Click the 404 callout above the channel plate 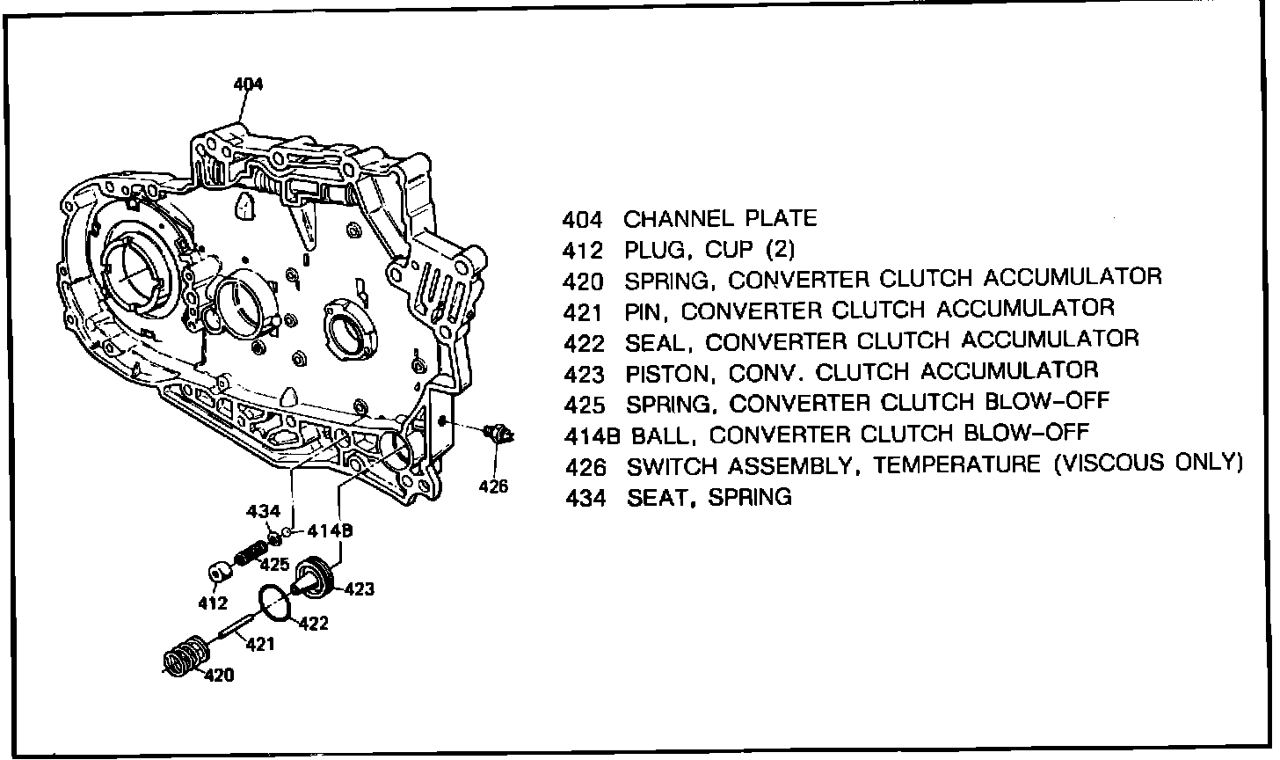[248, 84]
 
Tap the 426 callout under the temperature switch [494, 485]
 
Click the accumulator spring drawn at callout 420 [186, 657]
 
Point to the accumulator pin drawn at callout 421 [236, 628]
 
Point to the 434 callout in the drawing [263, 511]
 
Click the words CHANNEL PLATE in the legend [720, 218]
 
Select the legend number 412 [584, 251]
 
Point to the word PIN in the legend [645, 311]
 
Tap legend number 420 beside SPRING [584, 281]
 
